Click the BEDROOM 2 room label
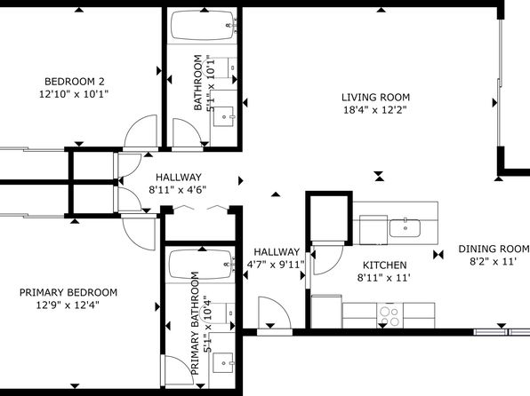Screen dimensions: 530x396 (x=75, y=82)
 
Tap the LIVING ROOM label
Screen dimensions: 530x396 (x=375, y=98)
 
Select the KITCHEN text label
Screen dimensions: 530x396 (x=384, y=265)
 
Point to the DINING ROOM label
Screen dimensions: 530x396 (x=494, y=249)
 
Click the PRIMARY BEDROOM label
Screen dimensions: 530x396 (x=68, y=292)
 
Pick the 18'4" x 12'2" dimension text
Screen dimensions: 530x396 (x=375, y=110)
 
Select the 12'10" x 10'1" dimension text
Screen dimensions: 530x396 (x=74, y=94)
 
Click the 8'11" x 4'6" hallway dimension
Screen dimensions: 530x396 (x=178, y=190)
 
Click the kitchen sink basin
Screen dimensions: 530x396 (x=405, y=228)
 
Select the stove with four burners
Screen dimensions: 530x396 (x=389, y=316)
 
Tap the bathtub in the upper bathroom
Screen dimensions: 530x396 (x=204, y=25)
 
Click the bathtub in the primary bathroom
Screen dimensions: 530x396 (x=202, y=265)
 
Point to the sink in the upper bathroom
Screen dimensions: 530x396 (x=224, y=117)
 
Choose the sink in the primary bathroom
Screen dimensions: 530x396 (x=223, y=363)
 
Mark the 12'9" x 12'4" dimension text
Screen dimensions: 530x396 (x=68, y=305)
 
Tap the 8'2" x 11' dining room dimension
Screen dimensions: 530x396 (x=494, y=261)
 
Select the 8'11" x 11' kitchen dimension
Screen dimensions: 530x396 (x=384, y=278)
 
